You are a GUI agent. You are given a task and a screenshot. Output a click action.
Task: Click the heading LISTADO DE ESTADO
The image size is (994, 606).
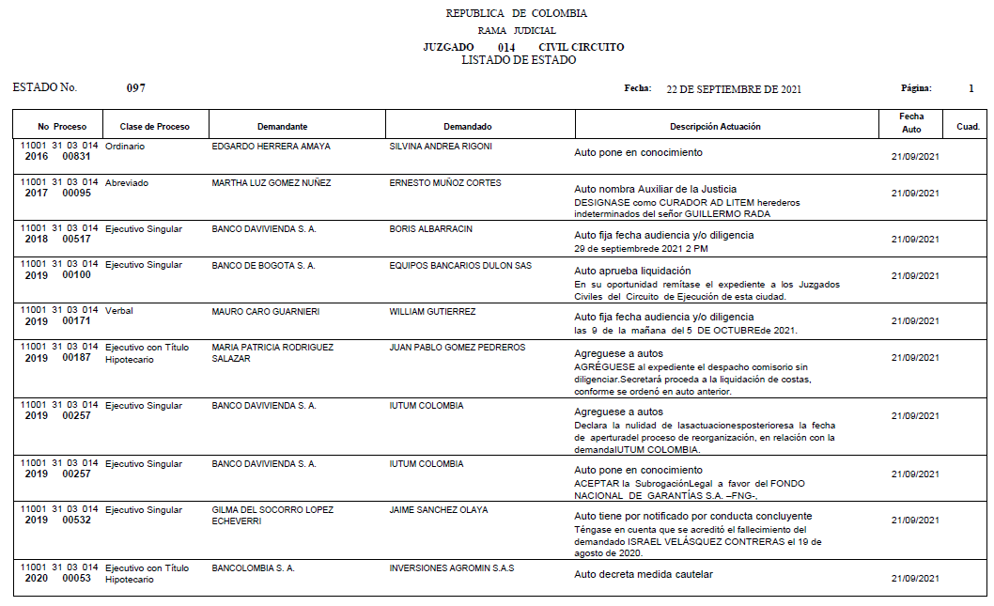519,60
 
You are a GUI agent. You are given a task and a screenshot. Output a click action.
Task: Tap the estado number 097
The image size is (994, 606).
136,88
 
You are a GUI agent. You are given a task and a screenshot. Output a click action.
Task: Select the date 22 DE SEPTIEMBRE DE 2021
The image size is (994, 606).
734,89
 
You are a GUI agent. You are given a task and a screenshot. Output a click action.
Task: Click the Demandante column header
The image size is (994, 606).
282,127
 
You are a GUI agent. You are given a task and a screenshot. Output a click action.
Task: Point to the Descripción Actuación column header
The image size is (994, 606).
715,127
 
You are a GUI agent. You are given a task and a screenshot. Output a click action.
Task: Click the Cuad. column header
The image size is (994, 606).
968,127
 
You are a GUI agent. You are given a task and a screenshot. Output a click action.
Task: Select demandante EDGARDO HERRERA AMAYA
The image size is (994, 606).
271,147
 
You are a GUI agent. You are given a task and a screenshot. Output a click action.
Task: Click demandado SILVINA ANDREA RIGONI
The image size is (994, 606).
441,147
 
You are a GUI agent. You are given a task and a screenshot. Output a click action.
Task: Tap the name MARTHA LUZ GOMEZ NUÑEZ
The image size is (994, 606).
271,183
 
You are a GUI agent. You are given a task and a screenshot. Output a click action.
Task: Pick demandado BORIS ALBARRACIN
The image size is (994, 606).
430,229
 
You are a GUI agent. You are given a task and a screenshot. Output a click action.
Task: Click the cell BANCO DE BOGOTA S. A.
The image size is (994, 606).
263,266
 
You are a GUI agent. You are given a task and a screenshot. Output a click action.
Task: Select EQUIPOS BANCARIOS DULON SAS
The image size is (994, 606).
460,266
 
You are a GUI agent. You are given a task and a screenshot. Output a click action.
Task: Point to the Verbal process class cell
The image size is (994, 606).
119,311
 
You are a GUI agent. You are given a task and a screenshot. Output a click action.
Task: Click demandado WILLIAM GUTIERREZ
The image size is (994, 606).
432,311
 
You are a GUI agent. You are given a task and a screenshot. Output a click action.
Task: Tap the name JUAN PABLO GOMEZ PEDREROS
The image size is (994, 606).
458,348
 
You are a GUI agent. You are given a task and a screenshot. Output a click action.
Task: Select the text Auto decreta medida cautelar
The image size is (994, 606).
644,574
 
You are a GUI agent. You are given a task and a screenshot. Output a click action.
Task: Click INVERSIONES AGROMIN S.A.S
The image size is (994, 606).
452,568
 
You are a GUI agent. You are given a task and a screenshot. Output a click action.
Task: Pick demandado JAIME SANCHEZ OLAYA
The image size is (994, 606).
439,510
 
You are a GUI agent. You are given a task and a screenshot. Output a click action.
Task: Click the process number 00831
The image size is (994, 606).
77,157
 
